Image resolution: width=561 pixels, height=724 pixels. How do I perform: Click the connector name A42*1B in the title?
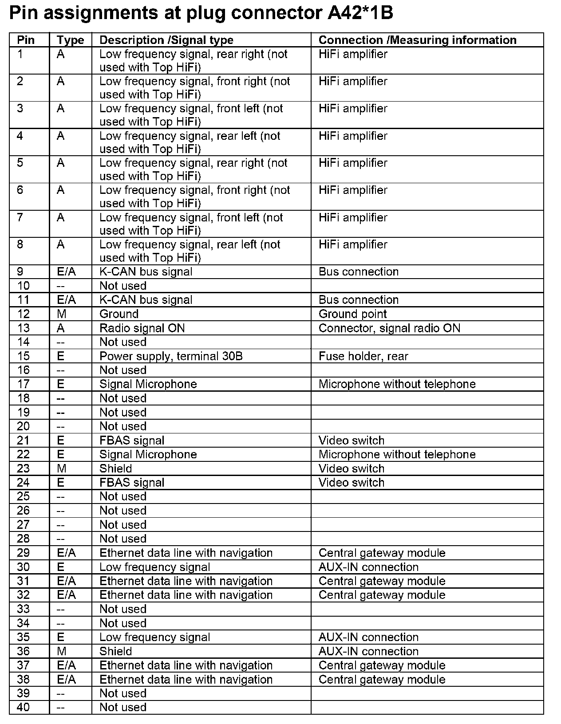360,14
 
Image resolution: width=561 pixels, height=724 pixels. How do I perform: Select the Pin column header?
26,40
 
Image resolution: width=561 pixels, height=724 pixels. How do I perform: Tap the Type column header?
70,40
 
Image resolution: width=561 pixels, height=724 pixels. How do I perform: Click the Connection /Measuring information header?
417,40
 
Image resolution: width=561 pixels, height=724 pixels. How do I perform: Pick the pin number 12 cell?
23,314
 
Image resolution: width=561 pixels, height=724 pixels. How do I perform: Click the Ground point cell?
352,314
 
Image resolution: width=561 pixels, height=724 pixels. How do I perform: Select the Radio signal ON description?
142,328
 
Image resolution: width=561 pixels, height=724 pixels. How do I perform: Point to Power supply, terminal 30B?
171,356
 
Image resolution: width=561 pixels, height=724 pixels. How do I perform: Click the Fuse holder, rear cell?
363,356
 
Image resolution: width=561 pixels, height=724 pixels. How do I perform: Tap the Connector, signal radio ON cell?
389,328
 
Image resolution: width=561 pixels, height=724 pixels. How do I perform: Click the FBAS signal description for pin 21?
132,441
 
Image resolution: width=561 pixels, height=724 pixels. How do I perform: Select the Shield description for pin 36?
115,651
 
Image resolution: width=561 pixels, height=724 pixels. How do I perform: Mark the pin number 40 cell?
23,707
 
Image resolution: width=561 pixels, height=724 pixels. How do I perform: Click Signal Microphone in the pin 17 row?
148,384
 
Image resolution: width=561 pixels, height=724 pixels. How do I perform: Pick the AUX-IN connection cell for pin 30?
368,567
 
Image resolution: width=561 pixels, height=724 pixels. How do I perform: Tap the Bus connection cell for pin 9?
359,271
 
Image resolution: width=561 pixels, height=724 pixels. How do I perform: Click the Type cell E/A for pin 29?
66,553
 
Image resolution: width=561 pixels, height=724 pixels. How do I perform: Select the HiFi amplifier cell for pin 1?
353,54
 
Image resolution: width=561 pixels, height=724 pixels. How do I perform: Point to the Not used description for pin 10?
123,286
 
